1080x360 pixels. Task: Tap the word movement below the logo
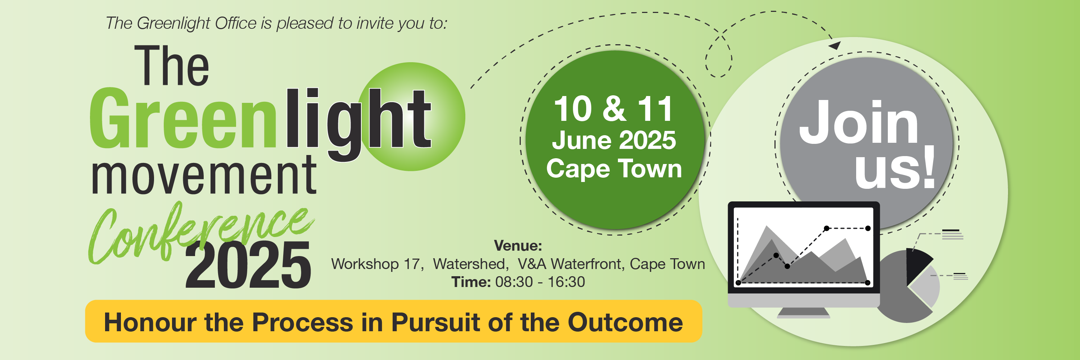click(204, 175)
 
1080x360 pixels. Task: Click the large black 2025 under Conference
click(248, 265)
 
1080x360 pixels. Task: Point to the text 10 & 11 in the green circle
click(613, 109)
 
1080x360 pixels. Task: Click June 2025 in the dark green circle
click(614, 140)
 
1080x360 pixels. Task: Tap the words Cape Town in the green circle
click(614, 168)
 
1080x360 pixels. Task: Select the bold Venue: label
click(518, 246)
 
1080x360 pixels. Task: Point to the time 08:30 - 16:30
click(540, 282)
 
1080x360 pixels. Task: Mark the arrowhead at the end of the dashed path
click(835, 45)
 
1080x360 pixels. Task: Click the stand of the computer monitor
click(803, 313)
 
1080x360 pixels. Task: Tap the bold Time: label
click(471, 282)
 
